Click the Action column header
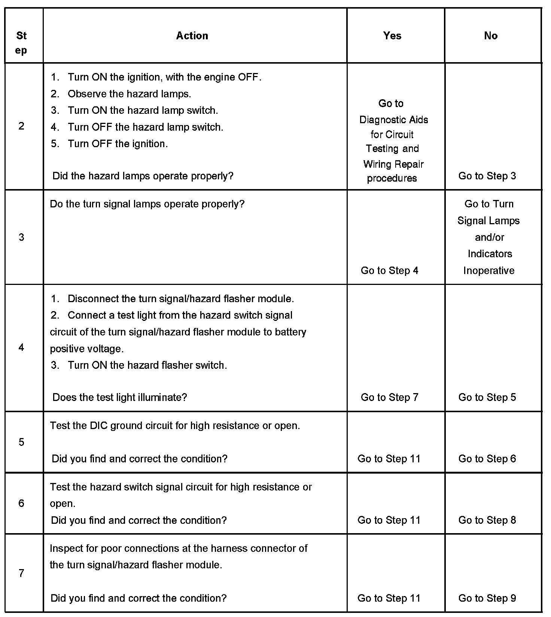pyautogui.click(x=192, y=36)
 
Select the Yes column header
pyautogui.click(x=392, y=36)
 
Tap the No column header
pyautogui.click(x=490, y=36)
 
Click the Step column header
pyautogui.click(x=21, y=43)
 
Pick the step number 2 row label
pyautogui.click(x=21, y=126)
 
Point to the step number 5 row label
pyautogui.click(x=21, y=442)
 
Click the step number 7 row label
pyautogui.click(x=21, y=573)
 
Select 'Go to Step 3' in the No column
pyautogui.click(x=487, y=176)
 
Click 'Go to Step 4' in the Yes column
pyautogui.click(x=389, y=271)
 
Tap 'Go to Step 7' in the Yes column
pyautogui.click(x=389, y=397)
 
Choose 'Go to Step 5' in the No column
pyautogui.click(x=487, y=397)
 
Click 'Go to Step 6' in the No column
pyautogui.click(x=487, y=459)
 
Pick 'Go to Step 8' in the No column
pyautogui.click(x=487, y=520)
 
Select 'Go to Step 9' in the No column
pyautogui.click(x=487, y=598)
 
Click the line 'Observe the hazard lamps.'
pyautogui.click(x=129, y=94)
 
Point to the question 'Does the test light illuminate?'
pyautogui.click(x=119, y=397)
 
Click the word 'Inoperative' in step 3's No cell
pyautogui.click(x=489, y=271)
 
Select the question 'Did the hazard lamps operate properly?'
pyautogui.click(x=143, y=176)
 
